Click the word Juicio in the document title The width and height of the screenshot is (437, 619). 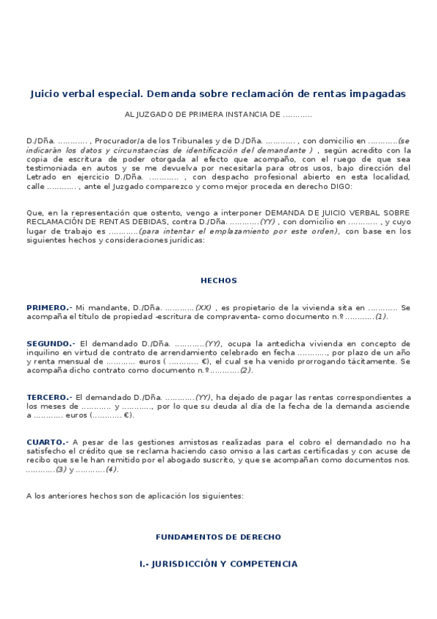tap(46, 93)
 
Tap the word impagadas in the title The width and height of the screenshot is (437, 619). tap(376, 93)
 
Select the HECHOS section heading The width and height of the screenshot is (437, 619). tap(219, 280)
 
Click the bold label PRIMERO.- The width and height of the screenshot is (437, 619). tap(49, 307)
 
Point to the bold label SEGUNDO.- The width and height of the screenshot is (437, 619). tap(50, 343)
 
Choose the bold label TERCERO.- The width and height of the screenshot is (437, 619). tap(48, 396)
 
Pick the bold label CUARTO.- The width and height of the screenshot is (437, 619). tap(47, 442)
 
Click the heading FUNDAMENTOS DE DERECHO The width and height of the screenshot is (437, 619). tap(218, 537)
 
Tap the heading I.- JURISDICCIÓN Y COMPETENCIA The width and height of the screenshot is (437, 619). tap(218, 564)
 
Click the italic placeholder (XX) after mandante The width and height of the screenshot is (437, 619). tap(204, 307)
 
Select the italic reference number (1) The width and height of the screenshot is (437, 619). tap(382, 316)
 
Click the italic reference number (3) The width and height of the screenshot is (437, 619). tap(61, 469)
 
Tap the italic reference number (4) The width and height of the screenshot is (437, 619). tap(111, 469)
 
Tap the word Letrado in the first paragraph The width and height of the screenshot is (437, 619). tap(41, 177)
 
